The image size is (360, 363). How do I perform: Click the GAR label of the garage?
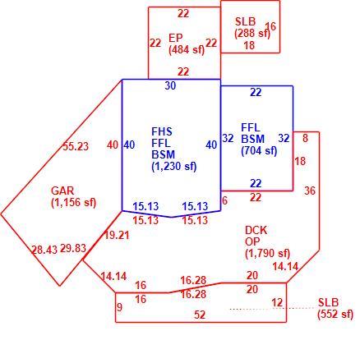tap(62, 191)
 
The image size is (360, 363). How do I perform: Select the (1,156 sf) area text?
tap(74, 203)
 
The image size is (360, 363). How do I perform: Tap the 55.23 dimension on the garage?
tap(76, 146)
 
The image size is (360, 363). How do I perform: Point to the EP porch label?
tap(176, 38)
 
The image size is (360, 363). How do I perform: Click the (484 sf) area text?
tap(187, 50)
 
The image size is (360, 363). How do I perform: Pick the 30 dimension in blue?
tap(170, 85)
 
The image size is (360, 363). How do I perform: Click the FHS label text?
tap(162, 131)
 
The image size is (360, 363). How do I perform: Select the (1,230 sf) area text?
tap(174, 167)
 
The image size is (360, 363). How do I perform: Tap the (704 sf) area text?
tap(259, 151)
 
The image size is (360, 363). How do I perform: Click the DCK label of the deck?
tap(256, 230)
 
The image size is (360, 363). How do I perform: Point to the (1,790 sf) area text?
tap(267, 254)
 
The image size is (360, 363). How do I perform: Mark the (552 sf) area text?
tap(335, 314)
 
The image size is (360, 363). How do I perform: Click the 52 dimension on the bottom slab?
tap(200, 315)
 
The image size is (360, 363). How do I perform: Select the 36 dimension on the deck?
tap(310, 191)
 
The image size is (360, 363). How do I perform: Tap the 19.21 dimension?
tap(117, 235)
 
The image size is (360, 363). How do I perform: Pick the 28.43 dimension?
tap(44, 250)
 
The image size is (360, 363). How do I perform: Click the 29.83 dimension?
tap(73, 248)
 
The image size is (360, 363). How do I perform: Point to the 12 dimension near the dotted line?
tap(277, 302)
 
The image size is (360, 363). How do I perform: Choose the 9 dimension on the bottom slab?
tap(119, 307)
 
